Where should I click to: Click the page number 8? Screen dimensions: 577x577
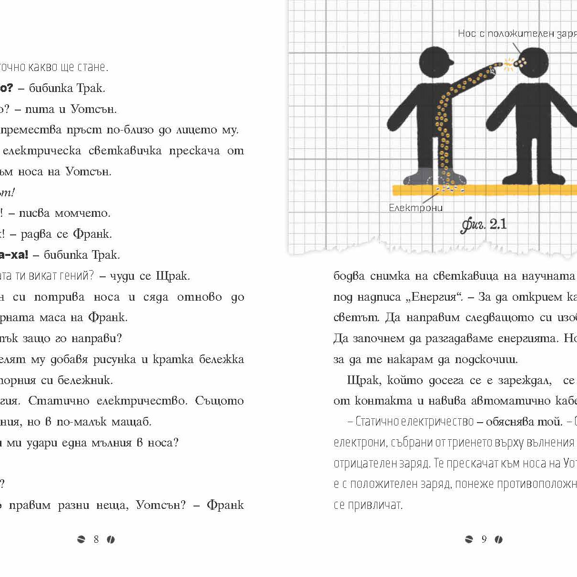[96, 539]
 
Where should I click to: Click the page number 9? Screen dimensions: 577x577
[484, 539]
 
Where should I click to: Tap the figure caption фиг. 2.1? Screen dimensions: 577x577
[483, 224]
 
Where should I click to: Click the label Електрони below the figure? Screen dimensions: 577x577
[415, 208]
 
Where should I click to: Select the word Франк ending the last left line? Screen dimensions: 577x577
[225, 505]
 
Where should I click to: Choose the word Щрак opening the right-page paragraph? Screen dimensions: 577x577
[363, 380]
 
